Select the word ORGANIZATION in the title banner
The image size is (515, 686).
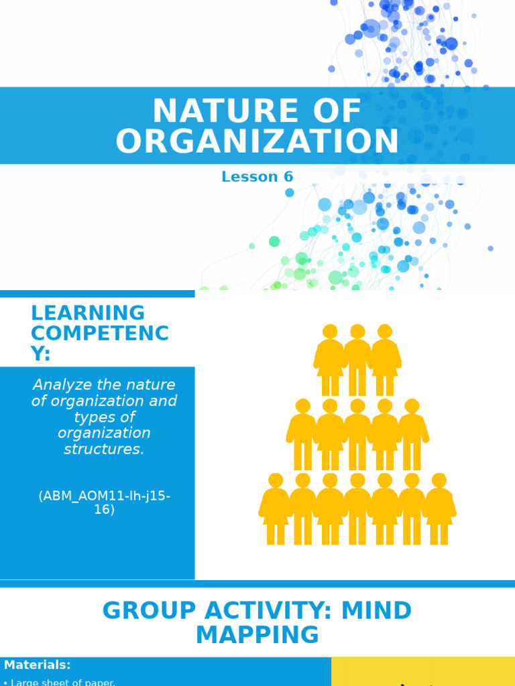tap(257, 142)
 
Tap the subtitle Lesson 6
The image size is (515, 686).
tap(257, 177)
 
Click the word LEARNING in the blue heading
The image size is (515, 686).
tap(88, 313)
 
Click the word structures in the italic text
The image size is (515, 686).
tap(104, 449)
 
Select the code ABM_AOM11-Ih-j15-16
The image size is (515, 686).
tap(104, 502)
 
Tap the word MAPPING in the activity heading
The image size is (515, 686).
tap(257, 635)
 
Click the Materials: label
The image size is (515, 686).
tap(37, 665)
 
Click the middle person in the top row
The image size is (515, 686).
tap(357, 360)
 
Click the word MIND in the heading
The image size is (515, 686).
tap(377, 611)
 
